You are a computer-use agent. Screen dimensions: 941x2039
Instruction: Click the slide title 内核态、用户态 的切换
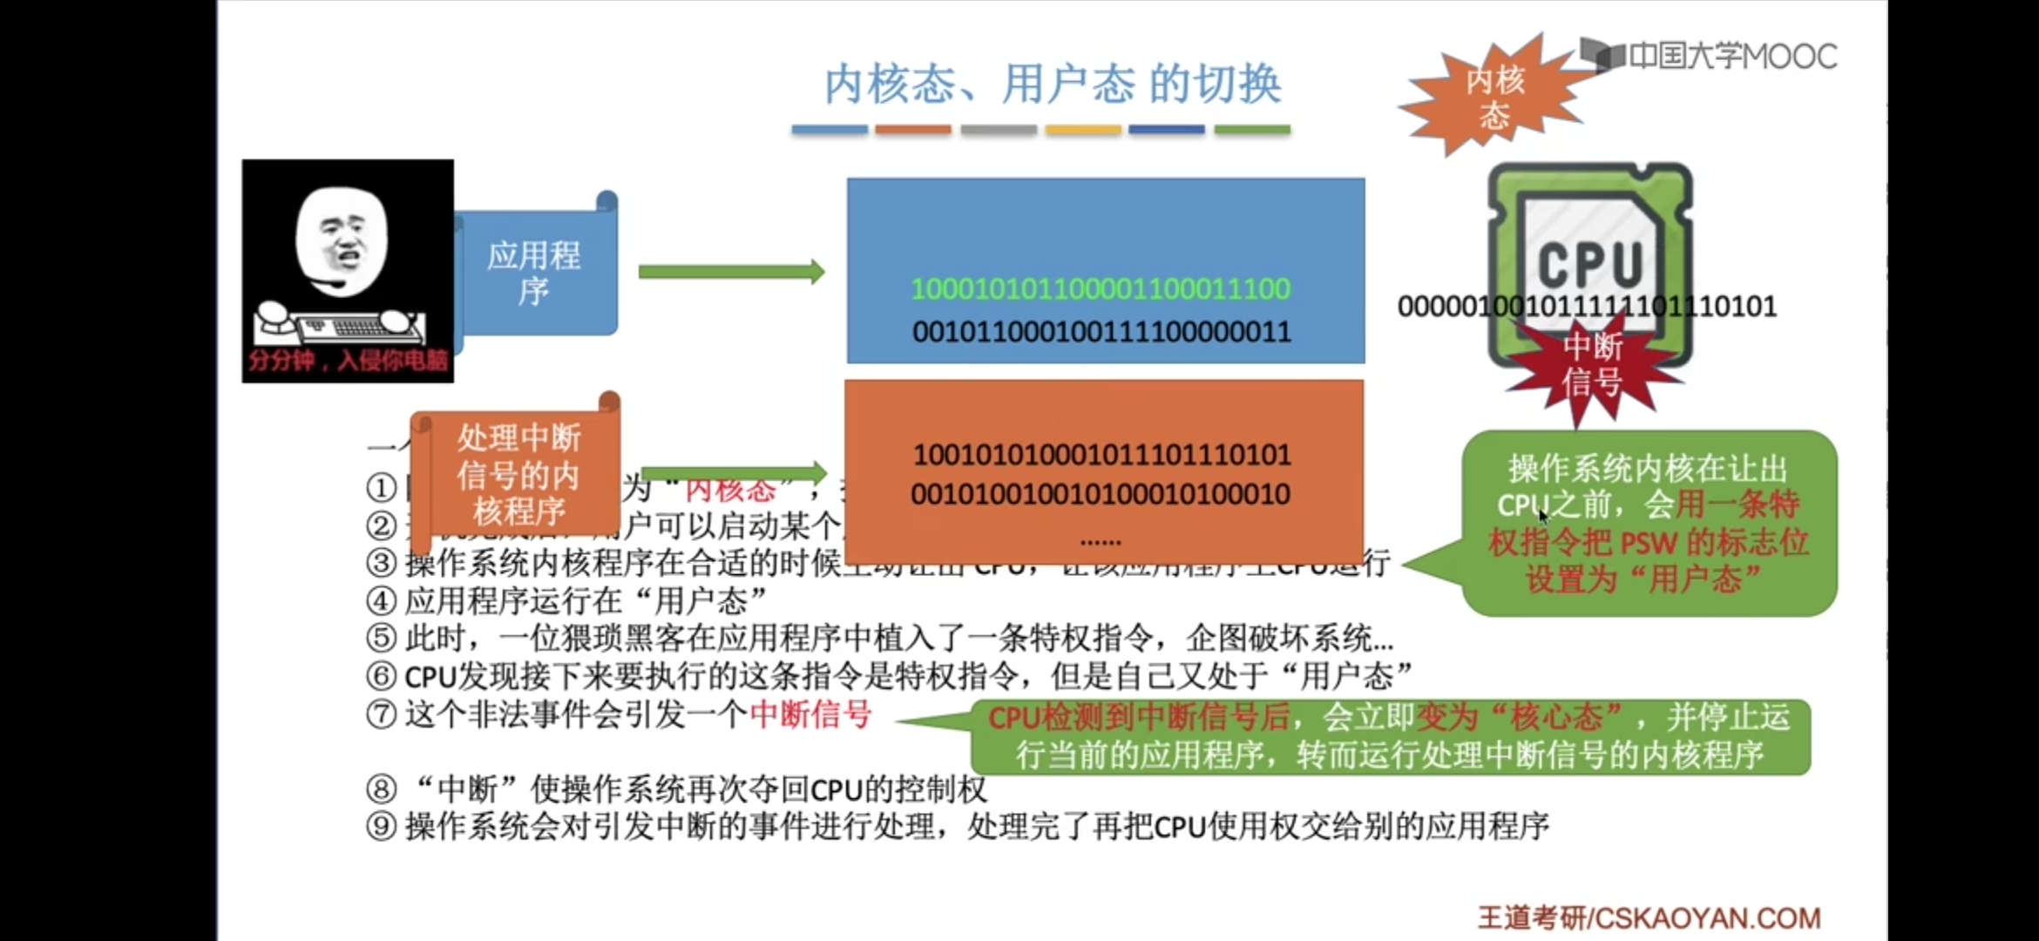[x=1053, y=85]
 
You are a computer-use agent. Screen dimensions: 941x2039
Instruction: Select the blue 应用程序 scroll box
[x=534, y=272]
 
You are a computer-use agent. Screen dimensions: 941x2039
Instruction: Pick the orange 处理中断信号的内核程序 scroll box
[x=518, y=474]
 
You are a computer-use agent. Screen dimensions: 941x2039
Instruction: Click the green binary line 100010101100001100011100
[x=1101, y=289]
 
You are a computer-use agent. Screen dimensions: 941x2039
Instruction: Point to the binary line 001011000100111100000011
[x=1101, y=332]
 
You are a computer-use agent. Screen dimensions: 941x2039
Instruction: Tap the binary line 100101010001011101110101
[x=1101, y=455]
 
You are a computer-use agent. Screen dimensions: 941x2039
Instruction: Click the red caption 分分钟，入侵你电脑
[x=348, y=361]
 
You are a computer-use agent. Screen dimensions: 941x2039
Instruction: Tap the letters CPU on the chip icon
[x=1589, y=263]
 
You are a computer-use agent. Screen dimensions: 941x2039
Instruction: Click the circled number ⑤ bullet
[x=382, y=639]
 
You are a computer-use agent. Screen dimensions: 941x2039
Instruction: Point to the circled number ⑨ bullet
[x=382, y=826]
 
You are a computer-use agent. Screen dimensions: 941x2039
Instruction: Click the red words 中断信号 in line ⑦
[x=810, y=714]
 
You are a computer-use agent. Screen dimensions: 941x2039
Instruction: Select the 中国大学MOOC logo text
[x=1731, y=57]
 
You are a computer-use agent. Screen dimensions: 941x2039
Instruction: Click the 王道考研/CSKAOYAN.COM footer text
[x=1649, y=918]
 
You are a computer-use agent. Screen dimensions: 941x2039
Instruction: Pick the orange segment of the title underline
[x=912, y=130]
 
